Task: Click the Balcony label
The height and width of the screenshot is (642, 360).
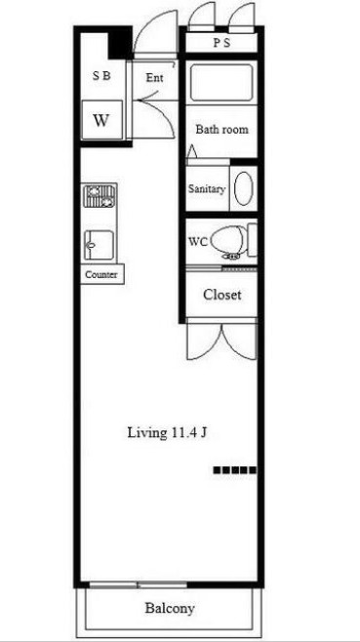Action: [x=170, y=608]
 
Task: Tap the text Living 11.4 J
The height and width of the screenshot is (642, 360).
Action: [x=167, y=433]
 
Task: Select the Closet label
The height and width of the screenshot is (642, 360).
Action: [x=222, y=295]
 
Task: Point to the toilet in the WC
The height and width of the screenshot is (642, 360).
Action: [x=230, y=242]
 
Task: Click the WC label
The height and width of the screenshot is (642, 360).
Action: [x=196, y=241]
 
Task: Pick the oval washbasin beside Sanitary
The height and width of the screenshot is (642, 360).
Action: [x=243, y=188]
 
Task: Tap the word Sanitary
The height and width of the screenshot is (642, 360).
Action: [x=207, y=189]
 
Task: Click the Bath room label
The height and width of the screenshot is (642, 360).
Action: [x=222, y=130]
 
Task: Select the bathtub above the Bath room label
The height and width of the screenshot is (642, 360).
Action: [x=221, y=84]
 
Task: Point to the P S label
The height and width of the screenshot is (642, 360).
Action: [x=221, y=43]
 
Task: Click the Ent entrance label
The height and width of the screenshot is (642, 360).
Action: [x=155, y=78]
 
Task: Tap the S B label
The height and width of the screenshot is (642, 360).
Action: [x=101, y=76]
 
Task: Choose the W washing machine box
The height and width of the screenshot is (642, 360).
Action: [x=102, y=120]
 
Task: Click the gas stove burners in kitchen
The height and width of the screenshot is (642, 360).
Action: [x=100, y=197]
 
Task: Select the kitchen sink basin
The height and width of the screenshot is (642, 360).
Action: [x=100, y=245]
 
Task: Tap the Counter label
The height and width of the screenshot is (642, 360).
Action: [x=101, y=275]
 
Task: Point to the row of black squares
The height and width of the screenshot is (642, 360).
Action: [x=235, y=470]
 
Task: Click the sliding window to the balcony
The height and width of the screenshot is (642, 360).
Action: [x=138, y=584]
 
